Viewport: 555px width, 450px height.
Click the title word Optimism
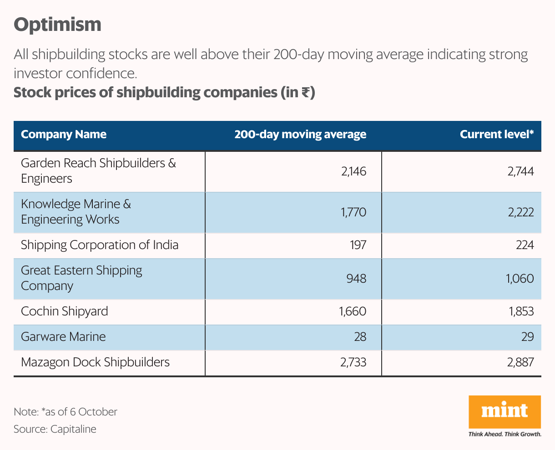click(x=57, y=25)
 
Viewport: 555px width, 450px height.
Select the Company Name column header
click(x=64, y=135)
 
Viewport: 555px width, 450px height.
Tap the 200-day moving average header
click(x=300, y=135)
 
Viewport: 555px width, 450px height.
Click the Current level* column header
click(x=497, y=135)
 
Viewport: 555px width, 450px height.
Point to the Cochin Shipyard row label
click(x=65, y=311)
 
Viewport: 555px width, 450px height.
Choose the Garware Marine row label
click(x=63, y=337)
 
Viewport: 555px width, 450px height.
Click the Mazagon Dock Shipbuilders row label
click(x=95, y=362)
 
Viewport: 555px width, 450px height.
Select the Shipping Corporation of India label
click(x=100, y=245)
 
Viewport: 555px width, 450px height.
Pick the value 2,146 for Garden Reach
click(x=354, y=171)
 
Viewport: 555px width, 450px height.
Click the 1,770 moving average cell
click(x=353, y=212)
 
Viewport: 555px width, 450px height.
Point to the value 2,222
click(x=521, y=212)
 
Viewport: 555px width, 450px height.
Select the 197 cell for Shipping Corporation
click(x=358, y=245)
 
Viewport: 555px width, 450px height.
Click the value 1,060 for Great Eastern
click(x=520, y=278)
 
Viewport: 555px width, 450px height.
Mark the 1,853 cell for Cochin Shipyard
click(x=521, y=311)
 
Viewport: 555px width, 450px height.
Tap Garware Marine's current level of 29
click(x=528, y=337)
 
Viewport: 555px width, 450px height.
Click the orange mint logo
click(x=505, y=412)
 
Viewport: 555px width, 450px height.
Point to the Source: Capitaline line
click(x=55, y=429)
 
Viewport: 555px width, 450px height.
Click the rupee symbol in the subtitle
click(x=305, y=93)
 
